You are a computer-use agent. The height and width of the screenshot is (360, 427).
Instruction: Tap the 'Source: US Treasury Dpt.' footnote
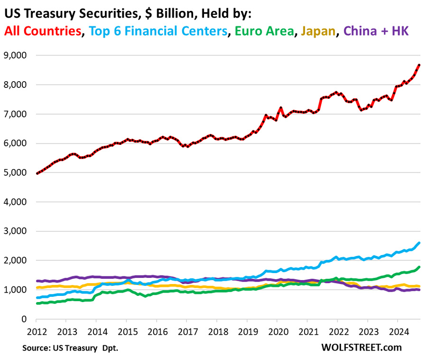[70, 348]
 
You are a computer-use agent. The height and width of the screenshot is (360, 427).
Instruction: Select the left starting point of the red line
[37, 173]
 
